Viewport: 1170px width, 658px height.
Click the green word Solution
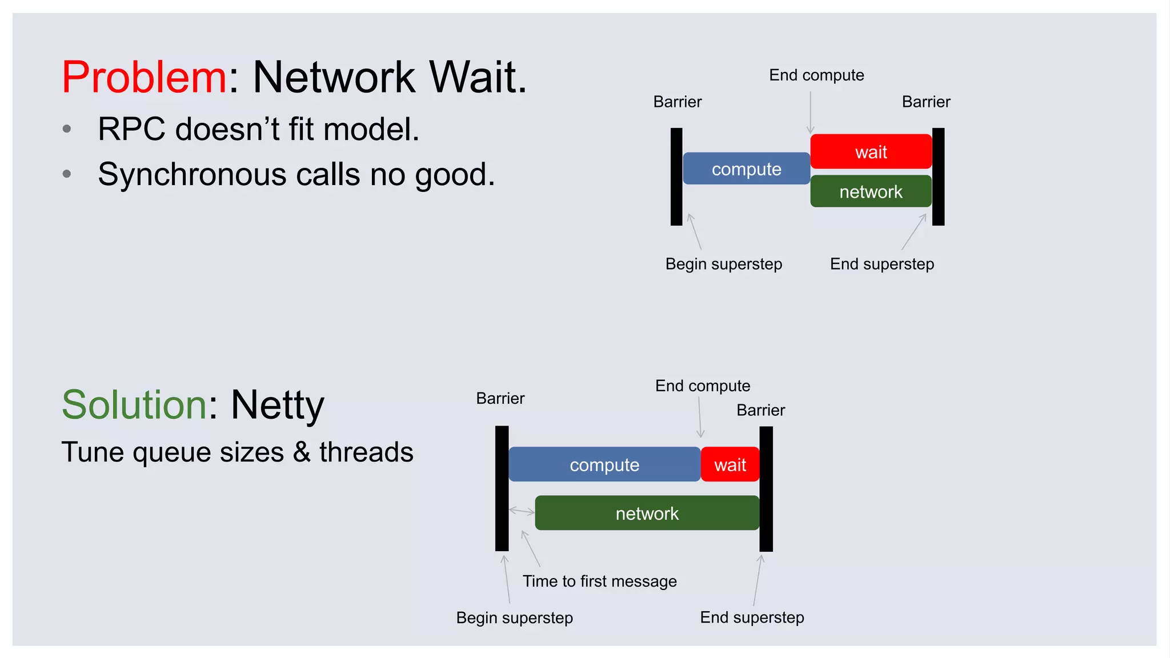(134, 405)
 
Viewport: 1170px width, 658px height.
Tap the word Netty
(277, 405)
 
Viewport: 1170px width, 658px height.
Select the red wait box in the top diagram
(871, 152)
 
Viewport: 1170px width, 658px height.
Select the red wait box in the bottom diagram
(730, 464)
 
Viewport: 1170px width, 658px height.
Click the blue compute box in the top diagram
(746, 169)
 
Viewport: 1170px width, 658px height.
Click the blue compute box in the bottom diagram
(604, 464)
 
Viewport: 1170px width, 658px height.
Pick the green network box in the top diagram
(871, 191)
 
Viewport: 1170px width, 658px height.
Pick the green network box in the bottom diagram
(647, 513)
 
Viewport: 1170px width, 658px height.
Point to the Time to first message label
(599, 581)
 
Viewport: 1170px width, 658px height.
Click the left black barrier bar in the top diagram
(676, 176)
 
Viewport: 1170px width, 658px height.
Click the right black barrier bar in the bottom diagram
(766, 488)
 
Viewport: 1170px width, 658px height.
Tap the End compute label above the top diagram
(816, 75)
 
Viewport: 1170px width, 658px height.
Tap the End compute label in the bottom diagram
(702, 386)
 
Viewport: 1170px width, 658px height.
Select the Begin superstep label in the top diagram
(723, 264)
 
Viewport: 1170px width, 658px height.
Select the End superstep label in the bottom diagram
(752, 617)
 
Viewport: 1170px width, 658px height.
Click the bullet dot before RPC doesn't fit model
(67, 129)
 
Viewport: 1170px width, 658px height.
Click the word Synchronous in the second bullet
(191, 174)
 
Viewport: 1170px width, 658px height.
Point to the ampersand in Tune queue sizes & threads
(302, 452)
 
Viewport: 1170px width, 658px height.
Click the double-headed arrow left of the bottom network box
(522, 511)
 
